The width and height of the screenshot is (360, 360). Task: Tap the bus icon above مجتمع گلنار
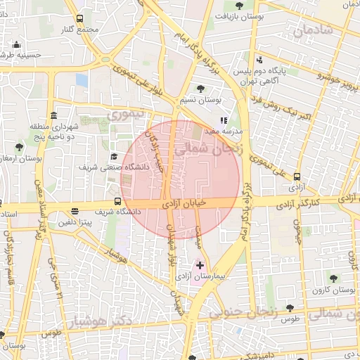79,18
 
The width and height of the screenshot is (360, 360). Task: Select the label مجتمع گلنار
77,30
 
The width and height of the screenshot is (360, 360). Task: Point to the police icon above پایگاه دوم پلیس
260,60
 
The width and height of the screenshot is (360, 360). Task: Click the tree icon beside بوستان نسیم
201,89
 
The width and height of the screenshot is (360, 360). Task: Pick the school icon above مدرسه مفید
224,120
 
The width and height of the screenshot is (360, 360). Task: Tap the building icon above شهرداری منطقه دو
53,115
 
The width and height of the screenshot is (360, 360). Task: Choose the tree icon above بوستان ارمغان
19,148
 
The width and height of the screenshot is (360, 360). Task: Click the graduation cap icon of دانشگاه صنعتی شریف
115,156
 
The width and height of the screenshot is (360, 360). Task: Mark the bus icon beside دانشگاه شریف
76,211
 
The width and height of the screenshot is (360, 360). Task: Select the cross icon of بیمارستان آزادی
200,266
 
